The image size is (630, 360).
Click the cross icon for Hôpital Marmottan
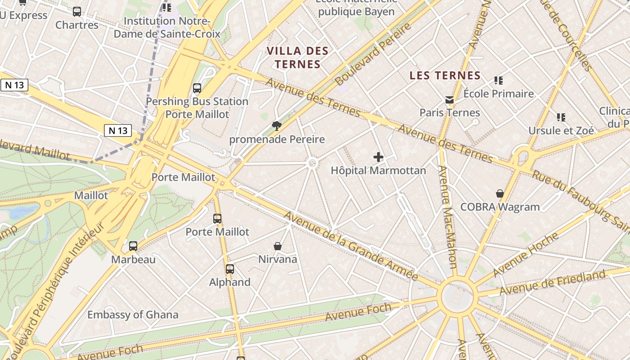pyautogui.click(x=378, y=157)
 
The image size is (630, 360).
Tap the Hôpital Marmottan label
pyautogui.click(x=378, y=171)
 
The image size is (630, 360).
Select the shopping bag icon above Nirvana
pyautogui.click(x=278, y=246)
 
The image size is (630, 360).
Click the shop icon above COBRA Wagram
pyautogui.click(x=499, y=193)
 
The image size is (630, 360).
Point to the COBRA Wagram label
pyautogui.click(x=499, y=207)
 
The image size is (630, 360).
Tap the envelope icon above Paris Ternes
pyautogui.click(x=449, y=99)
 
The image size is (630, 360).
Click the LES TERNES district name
pyautogui.click(x=445, y=76)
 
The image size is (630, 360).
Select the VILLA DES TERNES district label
pyautogui.click(x=297, y=57)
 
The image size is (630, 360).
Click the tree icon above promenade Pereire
pyautogui.click(x=276, y=126)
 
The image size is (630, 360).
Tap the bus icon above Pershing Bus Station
pyautogui.click(x=197, y=88)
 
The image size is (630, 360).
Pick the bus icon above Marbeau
pyautogui.click(x=133, y=246)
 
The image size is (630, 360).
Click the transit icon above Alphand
pyautogui.click(x=230, y=269)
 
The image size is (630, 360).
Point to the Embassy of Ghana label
pyautogui.click(x=133, y=315)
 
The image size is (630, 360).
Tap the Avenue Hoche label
pyautogui.click(x=526, y=254)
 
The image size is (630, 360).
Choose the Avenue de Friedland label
pyautogui.click(x=552, y=283)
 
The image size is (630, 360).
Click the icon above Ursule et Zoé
pyautogui.click(x=561, y=117)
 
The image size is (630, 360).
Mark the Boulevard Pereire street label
pyautogui.click(x=373, y=54)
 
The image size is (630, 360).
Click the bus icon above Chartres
pyautogui.click(x=77, y=12)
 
